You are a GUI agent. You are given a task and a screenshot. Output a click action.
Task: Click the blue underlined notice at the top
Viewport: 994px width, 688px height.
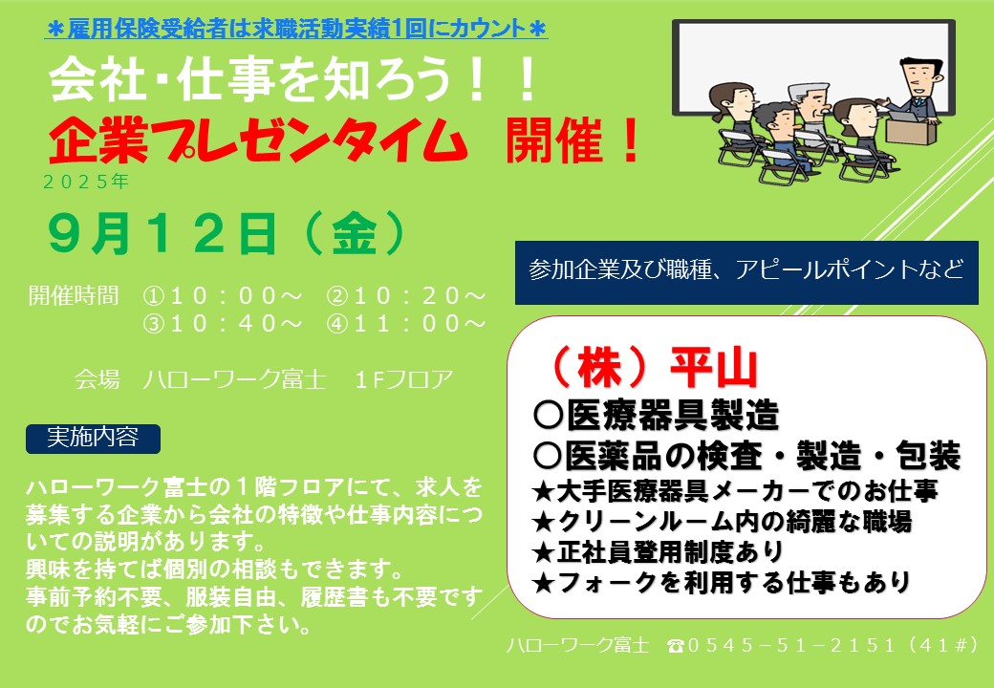pos(296,29)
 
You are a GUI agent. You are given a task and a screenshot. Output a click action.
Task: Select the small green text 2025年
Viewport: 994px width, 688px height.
pos(86,182)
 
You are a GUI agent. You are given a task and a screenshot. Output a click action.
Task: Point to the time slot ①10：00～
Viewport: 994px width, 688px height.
pos(223,296)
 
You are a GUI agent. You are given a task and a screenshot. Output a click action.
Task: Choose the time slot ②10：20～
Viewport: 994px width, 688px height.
pos(406,296)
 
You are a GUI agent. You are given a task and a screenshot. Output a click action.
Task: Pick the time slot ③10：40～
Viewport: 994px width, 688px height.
pos(223,324)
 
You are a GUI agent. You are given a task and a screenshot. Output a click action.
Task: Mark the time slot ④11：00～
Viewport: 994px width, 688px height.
pos(406,324)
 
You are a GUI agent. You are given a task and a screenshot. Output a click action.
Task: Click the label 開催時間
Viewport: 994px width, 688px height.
pos(74,295)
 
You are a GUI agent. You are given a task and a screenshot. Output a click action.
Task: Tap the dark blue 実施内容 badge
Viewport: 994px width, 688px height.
pos(94,439)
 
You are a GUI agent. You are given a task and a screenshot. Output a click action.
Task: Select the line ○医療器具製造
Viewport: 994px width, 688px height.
pos(656,416)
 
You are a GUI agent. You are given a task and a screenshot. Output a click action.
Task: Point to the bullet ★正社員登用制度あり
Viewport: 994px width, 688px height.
pos(658,551)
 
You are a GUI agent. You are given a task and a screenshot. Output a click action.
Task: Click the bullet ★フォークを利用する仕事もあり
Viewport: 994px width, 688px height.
pos(722,582)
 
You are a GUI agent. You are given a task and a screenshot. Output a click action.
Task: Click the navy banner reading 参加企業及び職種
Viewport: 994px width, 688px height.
pos(746,272)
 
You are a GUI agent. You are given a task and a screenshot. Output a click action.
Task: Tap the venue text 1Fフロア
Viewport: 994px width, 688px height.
pos(404,379)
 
